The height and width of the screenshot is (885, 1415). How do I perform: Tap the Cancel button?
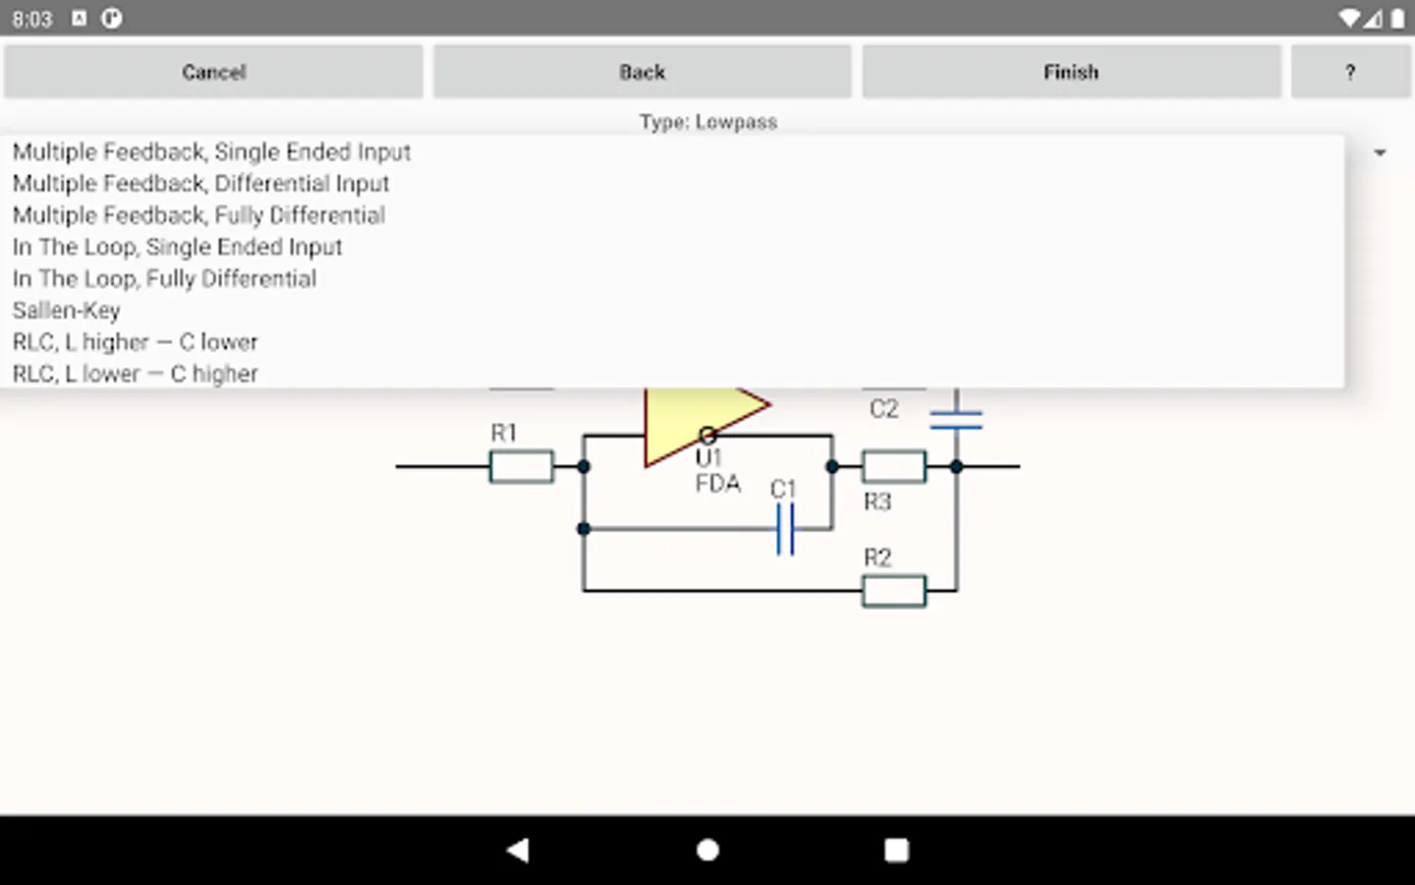[x=213, y=72]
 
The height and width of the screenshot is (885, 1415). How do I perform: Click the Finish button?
[x=1071, y=72]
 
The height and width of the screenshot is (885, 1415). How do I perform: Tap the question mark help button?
[x=1350, y=72]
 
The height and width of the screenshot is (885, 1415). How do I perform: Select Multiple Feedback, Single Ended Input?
[x=211, y=151]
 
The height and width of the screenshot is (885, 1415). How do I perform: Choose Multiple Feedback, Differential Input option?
[x=200, y=184]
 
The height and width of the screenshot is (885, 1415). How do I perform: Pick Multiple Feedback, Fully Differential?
[x=198, y=215]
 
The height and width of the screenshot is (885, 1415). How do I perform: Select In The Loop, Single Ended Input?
[x=177, y=247]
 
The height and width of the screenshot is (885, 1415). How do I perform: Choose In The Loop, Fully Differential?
[x=164, y=279]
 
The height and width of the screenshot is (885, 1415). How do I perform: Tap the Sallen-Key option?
[x=66, y=311]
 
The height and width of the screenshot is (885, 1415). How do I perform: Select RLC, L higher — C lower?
[x=135, y=342]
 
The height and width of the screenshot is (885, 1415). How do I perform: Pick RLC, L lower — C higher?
[x=135, y=374]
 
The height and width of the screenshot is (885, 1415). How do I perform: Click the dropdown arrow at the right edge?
[x=1380, y=152]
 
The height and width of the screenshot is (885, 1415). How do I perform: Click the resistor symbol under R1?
[x=521, y=466]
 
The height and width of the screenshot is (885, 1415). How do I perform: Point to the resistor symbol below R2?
[x=893, y=591]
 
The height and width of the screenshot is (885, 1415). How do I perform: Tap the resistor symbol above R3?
[x=893, y=466]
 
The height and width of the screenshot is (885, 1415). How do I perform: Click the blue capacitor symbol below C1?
[x=784, y=530]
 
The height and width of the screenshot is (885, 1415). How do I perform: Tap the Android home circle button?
[x=707, y=850]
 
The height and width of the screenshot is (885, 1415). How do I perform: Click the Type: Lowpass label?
[x=707, y=122]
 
